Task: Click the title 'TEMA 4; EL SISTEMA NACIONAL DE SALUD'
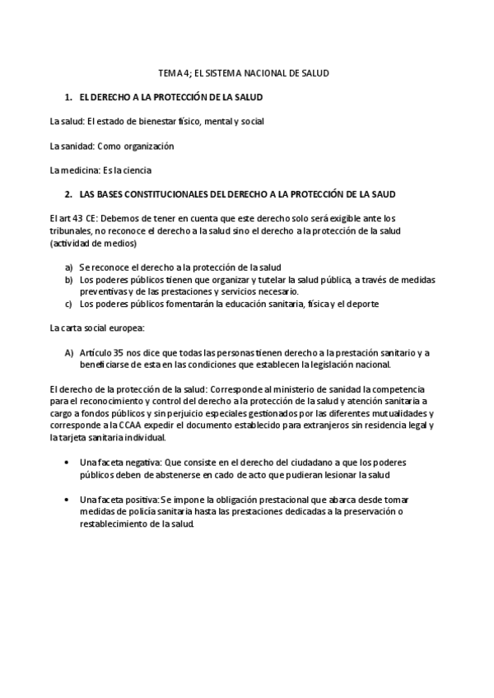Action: (x=244, y=73)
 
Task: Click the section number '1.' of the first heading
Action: (x=68, y=97)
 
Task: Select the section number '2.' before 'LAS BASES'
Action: (x=68, y=194)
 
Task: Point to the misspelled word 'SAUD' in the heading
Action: (x=384, y=194)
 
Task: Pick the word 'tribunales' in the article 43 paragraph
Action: (x=71, y=231)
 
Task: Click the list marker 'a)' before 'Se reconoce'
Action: (x=69, y=268)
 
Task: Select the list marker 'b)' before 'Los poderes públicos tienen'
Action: (x=69, y=280)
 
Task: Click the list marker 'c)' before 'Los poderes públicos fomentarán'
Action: (x=69, y=304)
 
